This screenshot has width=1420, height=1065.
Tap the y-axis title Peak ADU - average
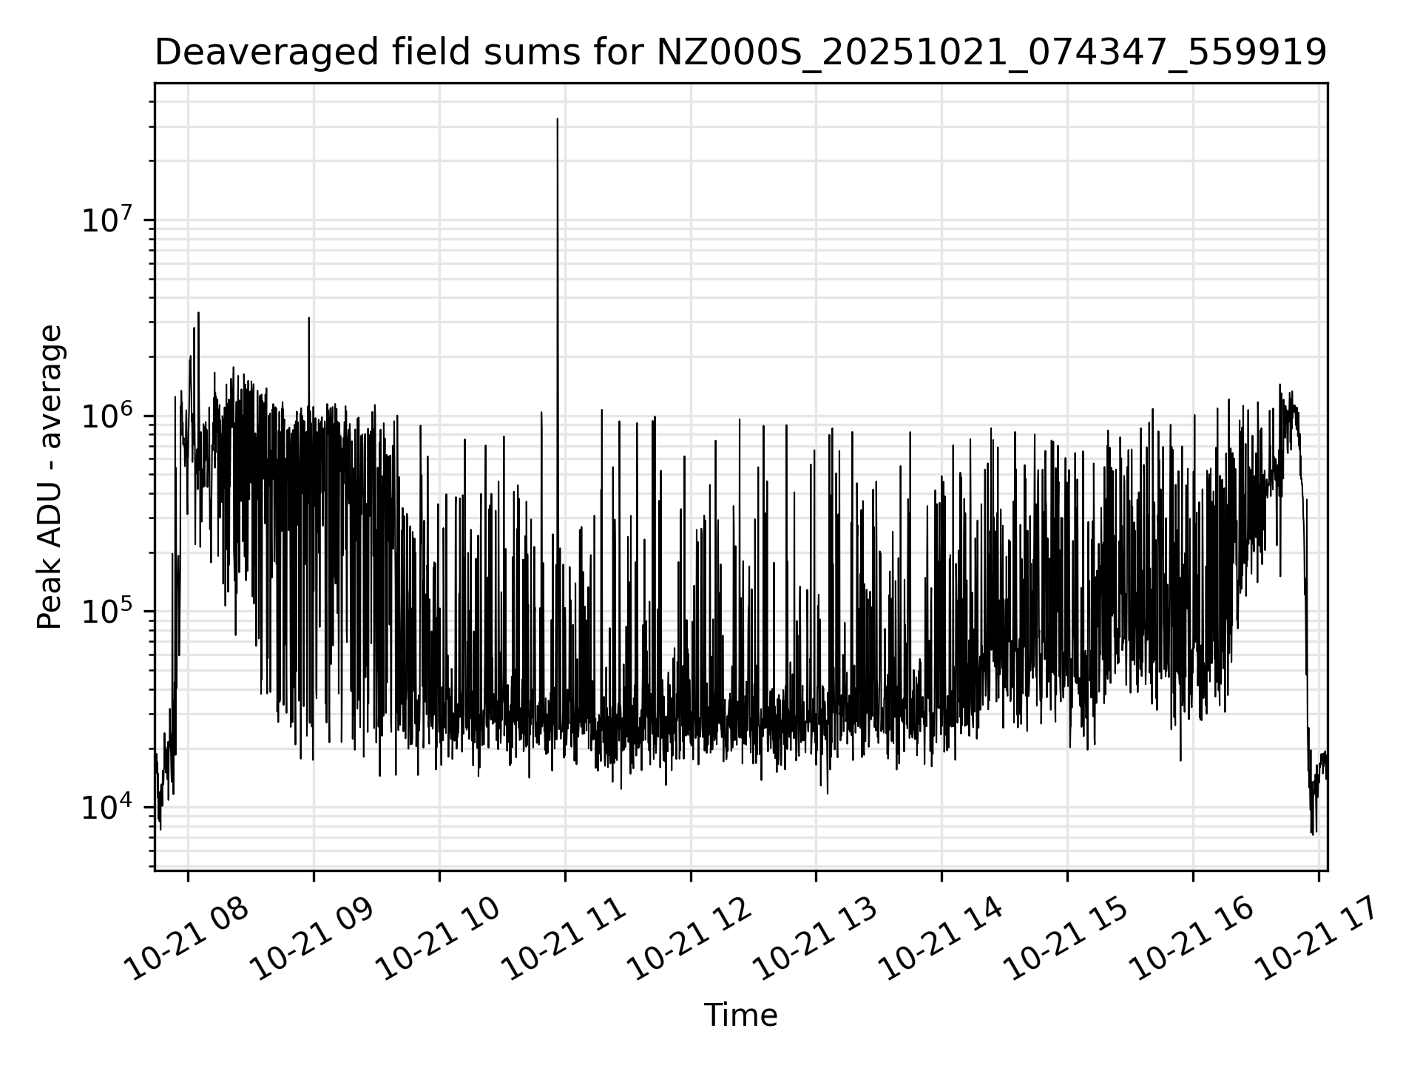coord(50,477)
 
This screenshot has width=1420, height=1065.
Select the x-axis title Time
coord(740,1015)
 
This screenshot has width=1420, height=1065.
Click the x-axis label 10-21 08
coord(187,938)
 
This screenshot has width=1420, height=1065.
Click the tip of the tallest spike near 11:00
coord(558,119)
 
